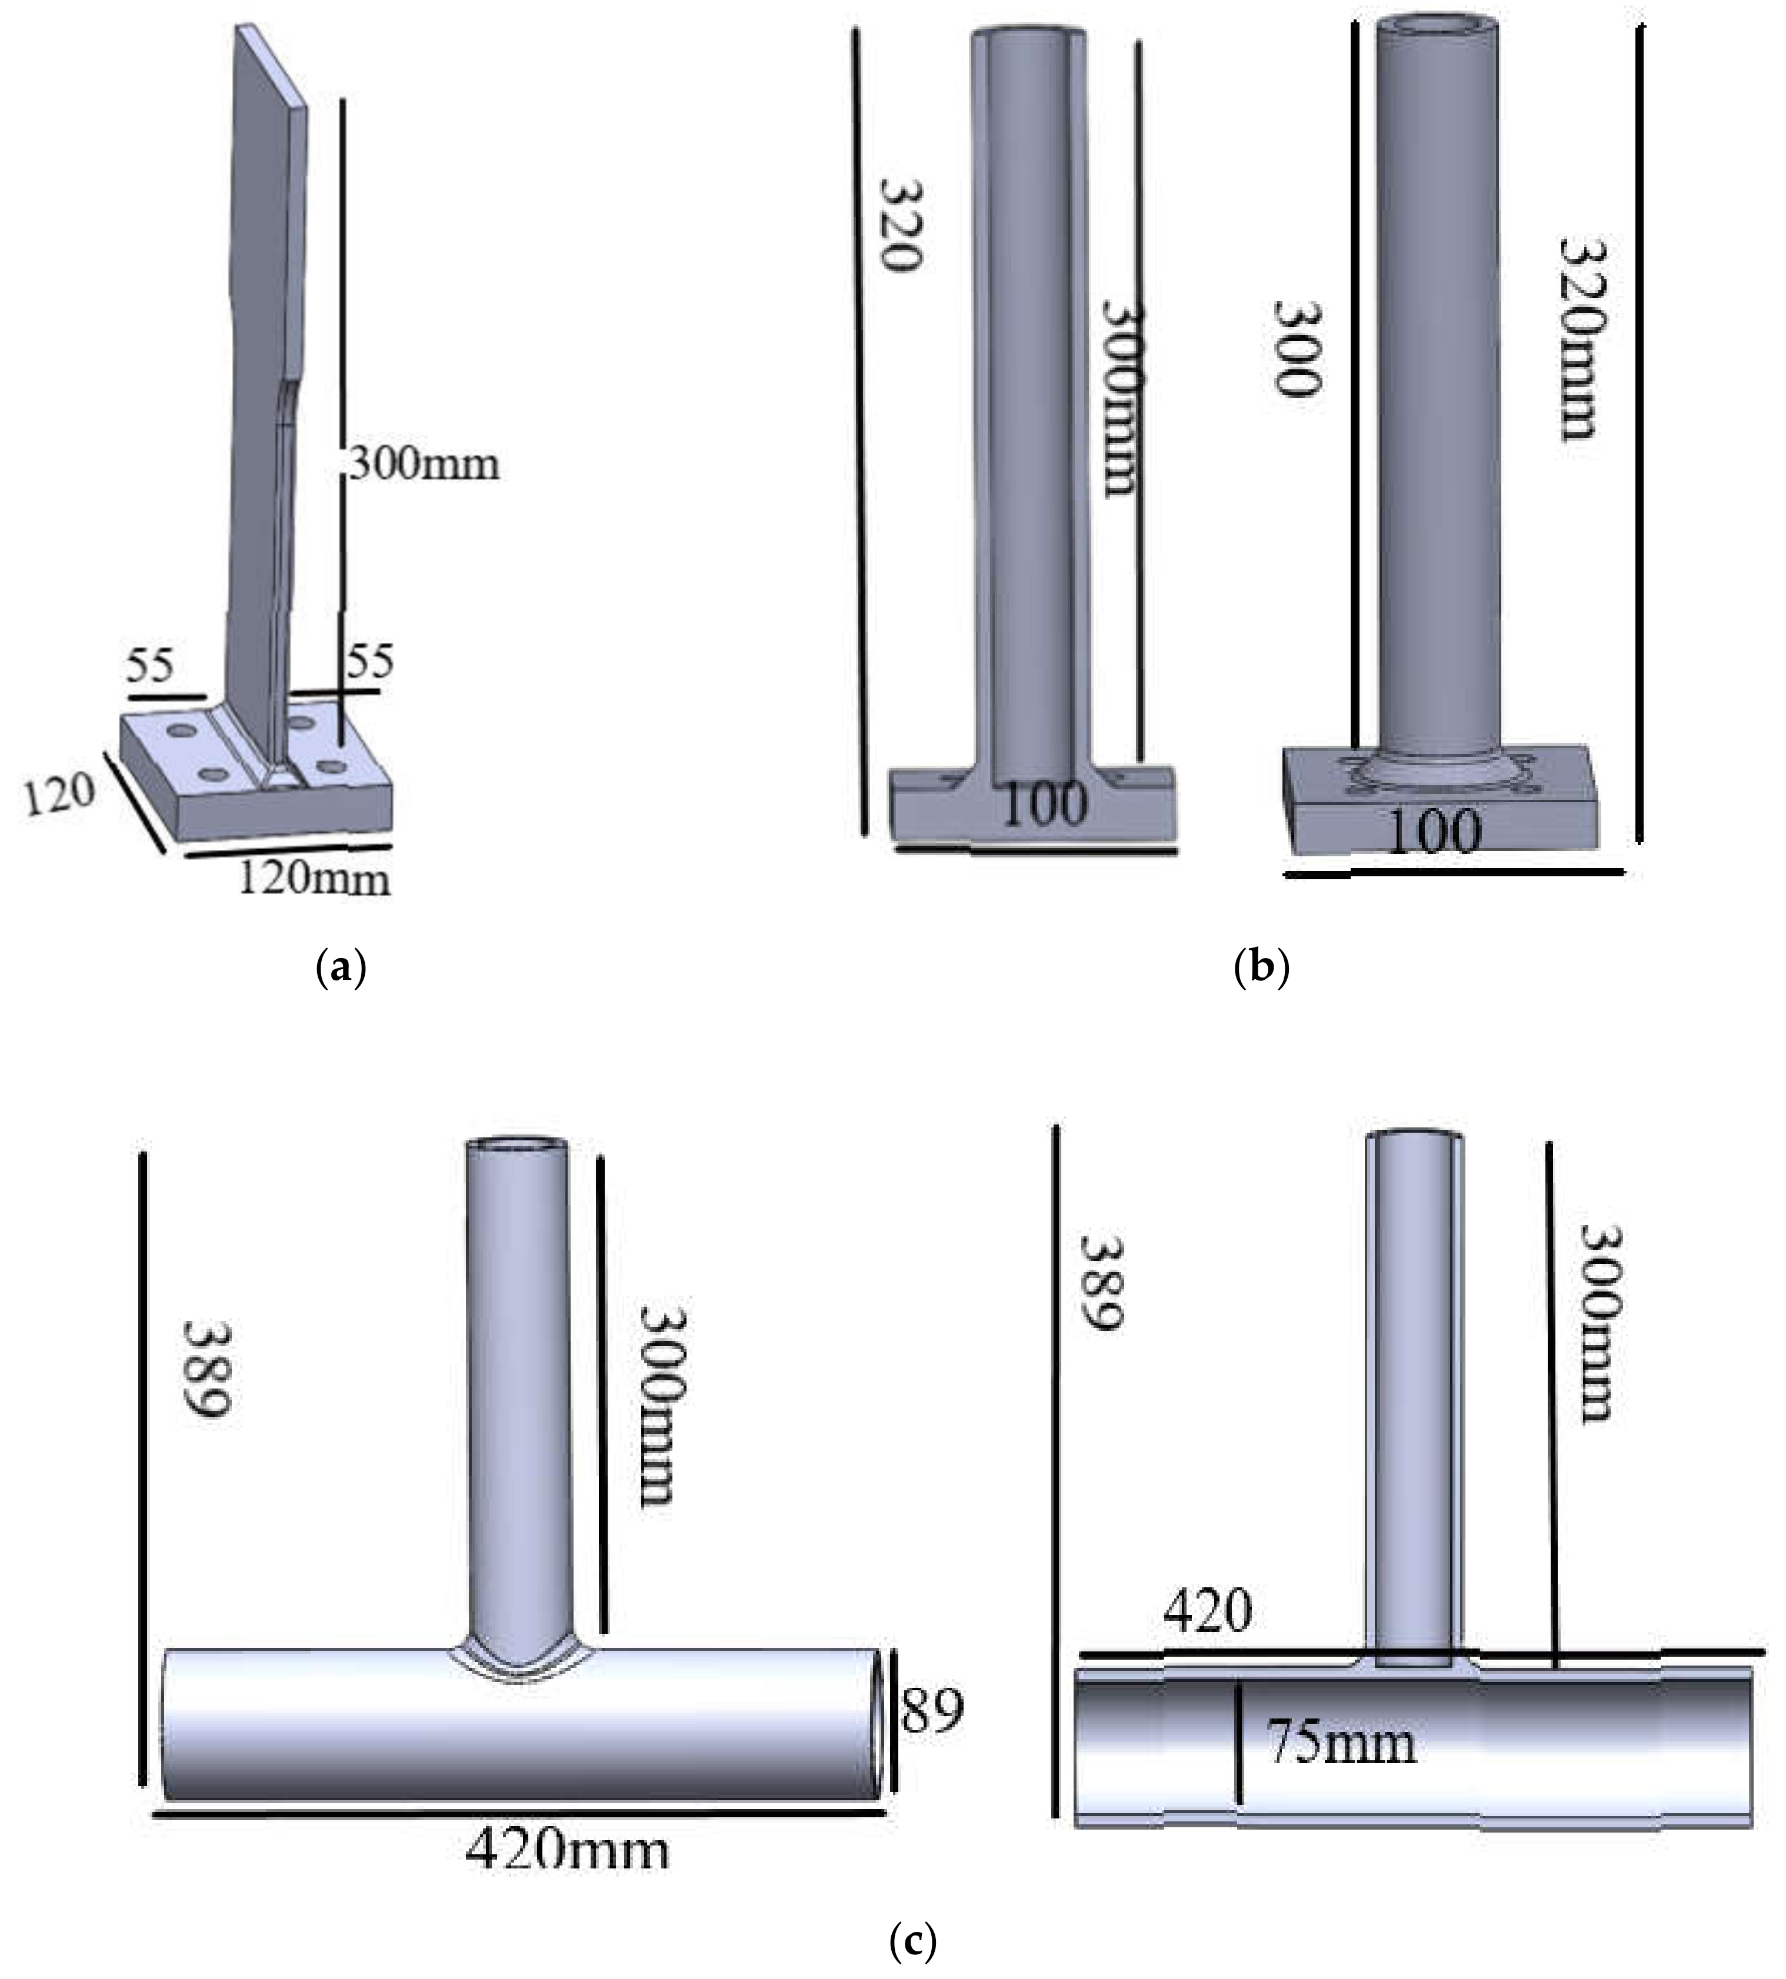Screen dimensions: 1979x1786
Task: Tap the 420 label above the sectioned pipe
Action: click(x=1208, y=1610)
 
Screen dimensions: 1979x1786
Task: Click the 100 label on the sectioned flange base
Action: click(x=1046, y=805)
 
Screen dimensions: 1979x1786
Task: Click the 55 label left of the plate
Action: click(x=149, y=666)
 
